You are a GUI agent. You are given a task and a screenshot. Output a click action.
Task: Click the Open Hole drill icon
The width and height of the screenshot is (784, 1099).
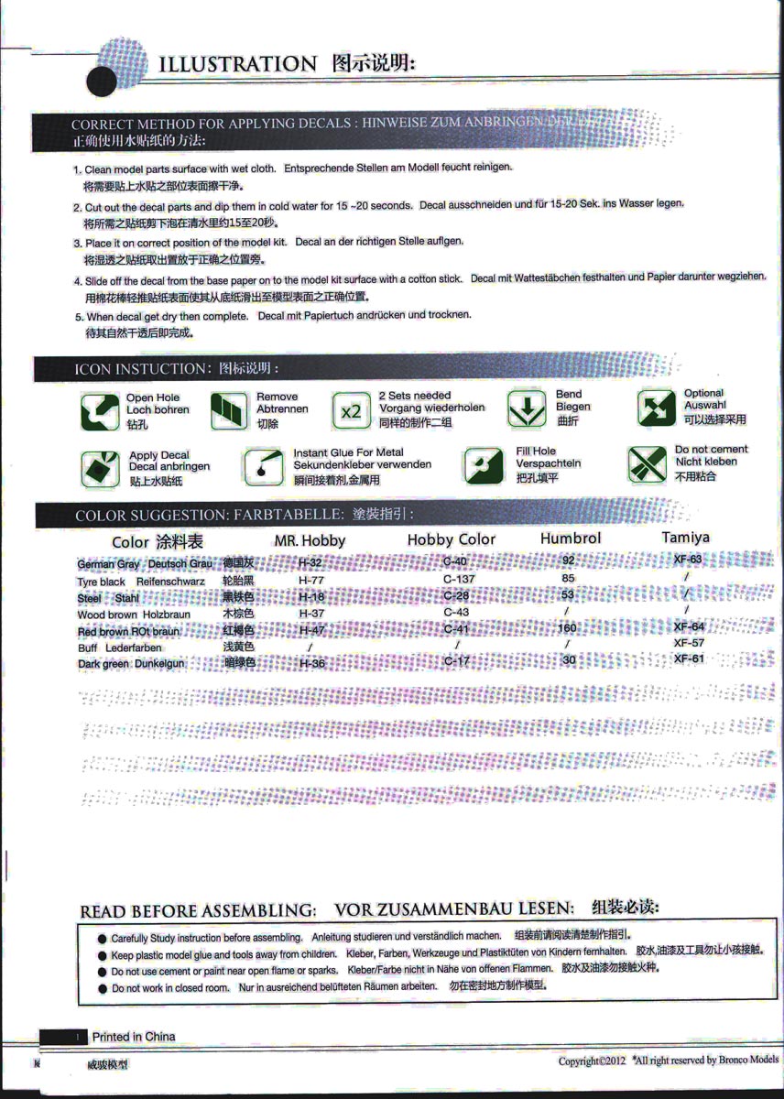99,411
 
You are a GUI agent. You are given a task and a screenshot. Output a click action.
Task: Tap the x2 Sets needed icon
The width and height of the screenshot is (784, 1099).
351,411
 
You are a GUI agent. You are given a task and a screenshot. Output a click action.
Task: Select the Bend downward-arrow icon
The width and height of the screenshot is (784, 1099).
527,409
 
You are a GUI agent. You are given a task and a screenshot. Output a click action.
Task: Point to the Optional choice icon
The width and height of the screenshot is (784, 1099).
656,408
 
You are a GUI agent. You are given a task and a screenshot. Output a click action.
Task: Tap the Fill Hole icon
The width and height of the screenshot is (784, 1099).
483,465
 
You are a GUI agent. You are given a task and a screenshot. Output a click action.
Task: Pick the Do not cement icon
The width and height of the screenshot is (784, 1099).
648,463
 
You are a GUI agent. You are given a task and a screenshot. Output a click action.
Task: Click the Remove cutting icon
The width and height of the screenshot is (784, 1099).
229,411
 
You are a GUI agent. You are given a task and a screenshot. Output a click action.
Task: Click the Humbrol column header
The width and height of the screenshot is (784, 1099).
571,538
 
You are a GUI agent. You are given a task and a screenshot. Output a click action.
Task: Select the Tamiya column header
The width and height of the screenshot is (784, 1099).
685,537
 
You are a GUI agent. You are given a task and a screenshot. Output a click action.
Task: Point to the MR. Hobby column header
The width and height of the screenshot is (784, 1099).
310,540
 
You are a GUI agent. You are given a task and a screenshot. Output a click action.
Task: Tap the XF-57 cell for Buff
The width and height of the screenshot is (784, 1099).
689,643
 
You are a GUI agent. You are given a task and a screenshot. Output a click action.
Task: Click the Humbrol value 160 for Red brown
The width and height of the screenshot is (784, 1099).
568,628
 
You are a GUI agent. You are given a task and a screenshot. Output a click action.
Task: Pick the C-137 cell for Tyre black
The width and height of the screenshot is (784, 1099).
459,579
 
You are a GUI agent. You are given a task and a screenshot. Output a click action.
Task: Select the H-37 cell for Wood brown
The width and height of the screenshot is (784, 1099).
311,613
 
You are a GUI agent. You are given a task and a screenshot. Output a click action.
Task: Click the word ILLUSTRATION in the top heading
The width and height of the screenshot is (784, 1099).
237,64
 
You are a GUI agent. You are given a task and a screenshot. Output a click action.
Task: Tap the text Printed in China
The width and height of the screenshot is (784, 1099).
134,1037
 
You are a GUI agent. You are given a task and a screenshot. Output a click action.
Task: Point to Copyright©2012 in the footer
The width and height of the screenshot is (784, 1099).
592,1061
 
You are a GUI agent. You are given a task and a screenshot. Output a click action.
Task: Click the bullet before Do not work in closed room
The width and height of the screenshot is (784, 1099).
102,989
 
